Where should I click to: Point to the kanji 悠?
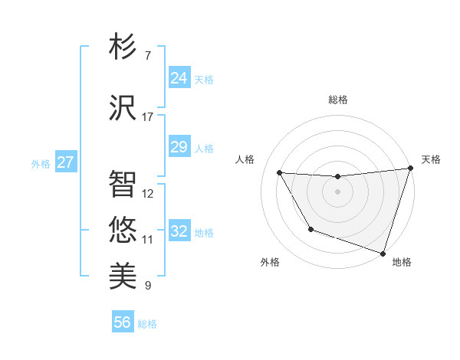[123, 228]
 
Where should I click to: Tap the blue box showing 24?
[179, 78]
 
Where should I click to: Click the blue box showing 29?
[179, 147]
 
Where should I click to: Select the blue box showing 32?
[179, 231]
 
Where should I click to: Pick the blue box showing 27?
[65, 162]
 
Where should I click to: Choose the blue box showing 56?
[122, 322]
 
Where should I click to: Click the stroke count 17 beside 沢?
[147, 117]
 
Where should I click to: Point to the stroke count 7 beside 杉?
[147, 56]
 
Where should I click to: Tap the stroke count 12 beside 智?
[148, 194]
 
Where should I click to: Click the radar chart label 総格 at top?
[338, 100]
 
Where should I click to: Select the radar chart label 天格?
[431, 159]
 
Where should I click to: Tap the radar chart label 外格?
[270, 262]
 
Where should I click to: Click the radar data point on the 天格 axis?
[410, 169]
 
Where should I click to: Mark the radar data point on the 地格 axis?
[383, 253]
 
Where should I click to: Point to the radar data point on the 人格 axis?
[280, 173]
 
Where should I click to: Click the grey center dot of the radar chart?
[337, 191]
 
